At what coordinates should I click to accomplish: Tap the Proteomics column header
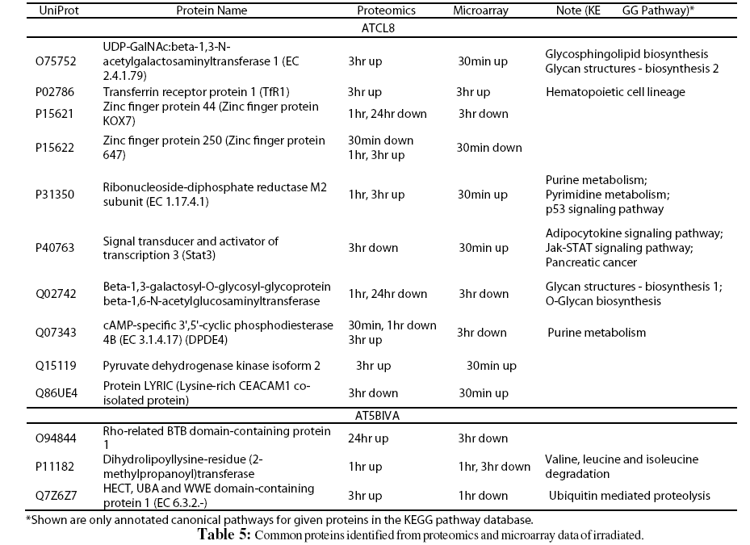(x=386, y=10)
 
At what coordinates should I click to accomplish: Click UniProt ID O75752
(x=56, y=61)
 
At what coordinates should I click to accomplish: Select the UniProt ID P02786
(x=55, y=92)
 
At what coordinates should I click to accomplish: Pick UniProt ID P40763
(x=55, y=248)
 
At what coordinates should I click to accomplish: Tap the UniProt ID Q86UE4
(x=56, y=393)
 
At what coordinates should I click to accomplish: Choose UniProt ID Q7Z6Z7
(x=56, y=496)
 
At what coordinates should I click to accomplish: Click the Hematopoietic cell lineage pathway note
(x=615, y=92)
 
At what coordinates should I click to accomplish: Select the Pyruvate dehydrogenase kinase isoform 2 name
(x=200, y=366)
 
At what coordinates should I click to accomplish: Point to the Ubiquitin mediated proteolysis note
(x=630, y=496)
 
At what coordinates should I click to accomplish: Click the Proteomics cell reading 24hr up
(x=368, y=438)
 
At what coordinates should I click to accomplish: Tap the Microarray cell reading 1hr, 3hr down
(x=493, y=467)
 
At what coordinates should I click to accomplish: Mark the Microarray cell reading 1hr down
(x=483, y=496)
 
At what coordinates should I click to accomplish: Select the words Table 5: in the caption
(x=224, y=535)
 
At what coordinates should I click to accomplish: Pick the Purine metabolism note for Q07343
(x=597, y=333)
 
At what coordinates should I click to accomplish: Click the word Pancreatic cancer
(x=591, y=262)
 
